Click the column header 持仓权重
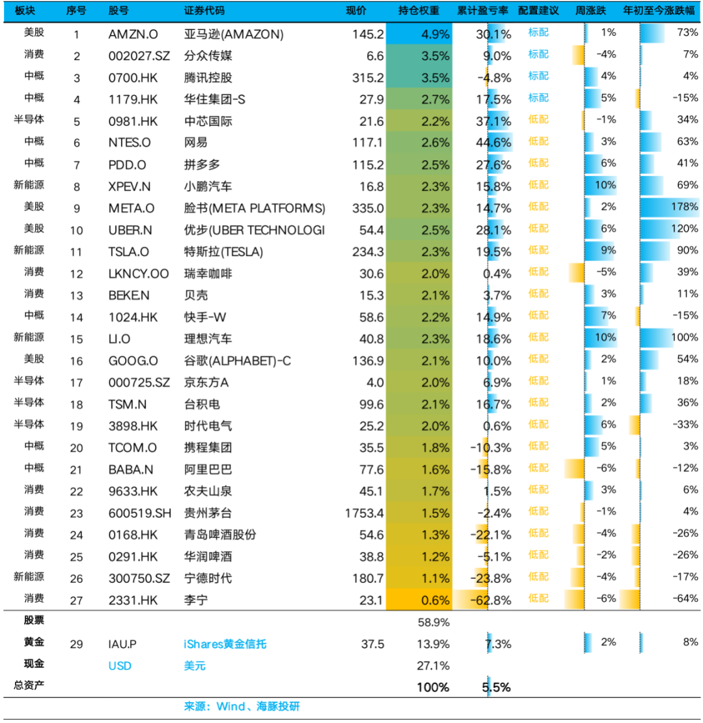pos(419,10)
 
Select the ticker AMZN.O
pos(133,34)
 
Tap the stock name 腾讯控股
pos(208,78)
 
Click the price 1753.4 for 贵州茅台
pos(364,513)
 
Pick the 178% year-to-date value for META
pos(684,206)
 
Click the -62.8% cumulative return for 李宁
pos(490,600)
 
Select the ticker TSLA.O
pos(128,252)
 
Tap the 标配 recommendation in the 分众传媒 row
pos(538,55)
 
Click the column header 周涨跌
pos(590,10)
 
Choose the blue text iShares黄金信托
pos(225,644)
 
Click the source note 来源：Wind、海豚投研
pos(242,706)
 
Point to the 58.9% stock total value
pos(433,622)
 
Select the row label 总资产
pos(29,685)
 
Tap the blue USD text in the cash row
pos(120,666)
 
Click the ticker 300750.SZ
pos(139,578)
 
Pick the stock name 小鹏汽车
pos(208,186)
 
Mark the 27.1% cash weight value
pos(433,666)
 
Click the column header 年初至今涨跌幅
pos(659,10)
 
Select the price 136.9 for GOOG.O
pos(368,361)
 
